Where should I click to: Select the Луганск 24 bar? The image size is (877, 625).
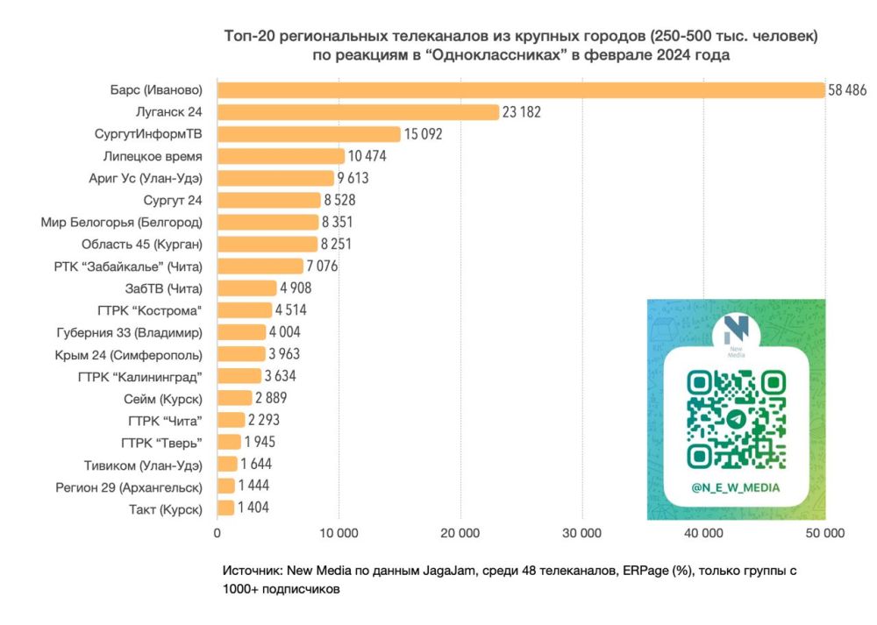click(x=358, y=112)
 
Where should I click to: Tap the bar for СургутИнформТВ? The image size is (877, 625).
click(x=309, y=134)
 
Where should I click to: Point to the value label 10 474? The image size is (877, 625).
click(x=367, y=156)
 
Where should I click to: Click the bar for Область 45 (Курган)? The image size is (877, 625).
click(x=267, y=244)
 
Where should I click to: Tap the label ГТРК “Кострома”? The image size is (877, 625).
click(x=151, y=310)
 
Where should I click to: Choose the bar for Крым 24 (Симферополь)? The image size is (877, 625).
click(x=241, y=354)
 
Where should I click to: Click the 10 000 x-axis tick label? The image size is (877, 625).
click(x=338, y=532)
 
